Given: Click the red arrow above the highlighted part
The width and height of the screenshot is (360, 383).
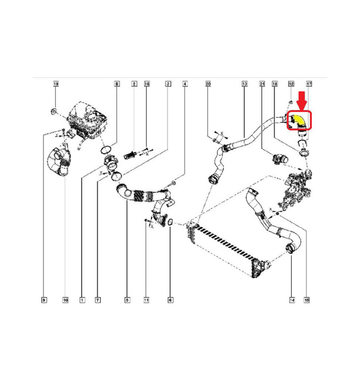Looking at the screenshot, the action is (x=303, y=100).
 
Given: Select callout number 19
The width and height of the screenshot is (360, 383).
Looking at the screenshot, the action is (x=56, y=84).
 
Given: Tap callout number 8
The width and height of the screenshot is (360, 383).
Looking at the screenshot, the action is (x=117, y=84).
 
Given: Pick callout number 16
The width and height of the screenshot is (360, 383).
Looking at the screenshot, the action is (x=147, y=84).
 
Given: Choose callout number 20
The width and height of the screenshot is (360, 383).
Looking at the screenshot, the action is (x=208, y=84).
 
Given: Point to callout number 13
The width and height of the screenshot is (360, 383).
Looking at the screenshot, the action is (x=245, y=84).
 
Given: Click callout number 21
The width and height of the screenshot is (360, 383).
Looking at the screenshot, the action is (x=262, y=84).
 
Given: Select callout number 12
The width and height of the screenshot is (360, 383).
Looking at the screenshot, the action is (x=291, y=84).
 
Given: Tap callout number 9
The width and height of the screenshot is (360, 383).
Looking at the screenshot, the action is (x=44, y=300).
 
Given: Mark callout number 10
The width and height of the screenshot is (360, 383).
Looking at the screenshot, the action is (x=65, y=300).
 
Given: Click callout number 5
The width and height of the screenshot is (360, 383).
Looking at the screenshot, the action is (x=127, y=300).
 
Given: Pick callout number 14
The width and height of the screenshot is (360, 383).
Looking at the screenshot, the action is (x=292, y=300).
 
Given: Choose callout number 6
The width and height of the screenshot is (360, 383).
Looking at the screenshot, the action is (x=171, y=300).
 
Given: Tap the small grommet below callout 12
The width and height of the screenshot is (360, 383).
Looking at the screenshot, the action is (x=291, y=102).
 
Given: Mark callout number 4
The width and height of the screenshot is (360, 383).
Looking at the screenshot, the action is (x=185, y=84).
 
